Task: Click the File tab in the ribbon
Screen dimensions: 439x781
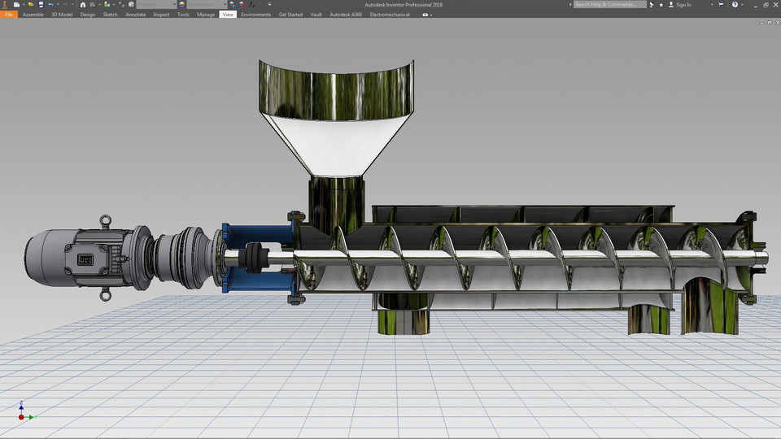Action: coord(10,15)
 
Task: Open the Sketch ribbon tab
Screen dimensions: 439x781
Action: coord(110,15)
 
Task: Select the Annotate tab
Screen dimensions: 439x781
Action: coord(135,15)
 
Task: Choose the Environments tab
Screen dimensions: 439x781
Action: coord(255,15)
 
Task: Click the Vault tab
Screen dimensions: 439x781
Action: coord(316,15)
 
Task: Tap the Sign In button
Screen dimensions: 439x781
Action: coord(683,5)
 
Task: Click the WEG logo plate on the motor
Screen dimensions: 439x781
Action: coord(85,260)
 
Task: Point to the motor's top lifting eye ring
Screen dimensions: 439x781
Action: coord(106,219)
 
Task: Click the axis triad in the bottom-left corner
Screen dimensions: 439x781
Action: coord(23,412)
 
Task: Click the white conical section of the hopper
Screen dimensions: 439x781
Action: coord(335,143)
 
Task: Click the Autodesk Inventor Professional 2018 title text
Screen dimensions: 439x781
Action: coord(404,5)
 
